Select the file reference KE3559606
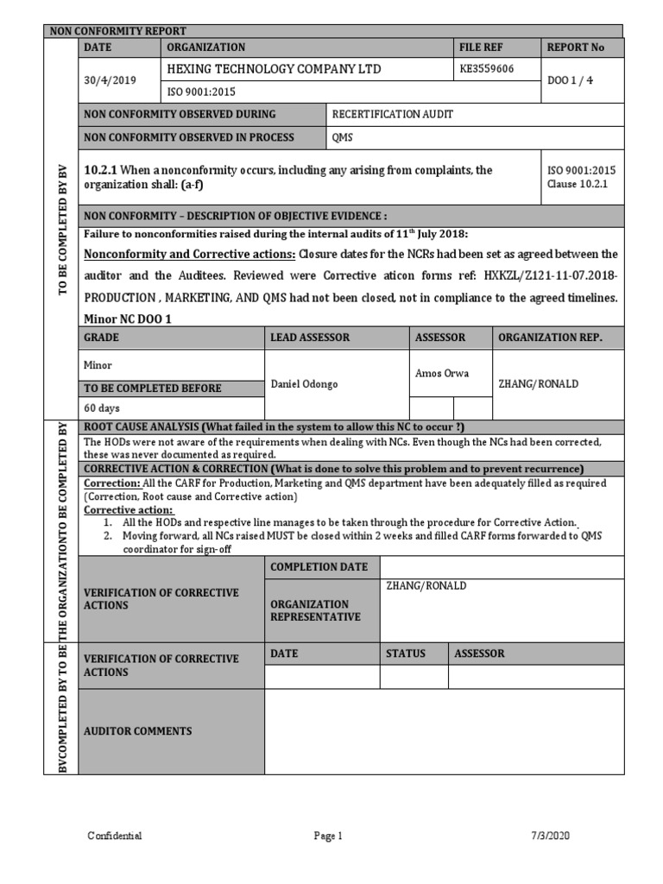pos(488,69)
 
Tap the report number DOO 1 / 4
pos(569,80)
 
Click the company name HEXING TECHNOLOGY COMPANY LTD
pos(274,69)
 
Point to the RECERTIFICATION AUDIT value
pos(392,114)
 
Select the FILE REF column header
pos(482,47)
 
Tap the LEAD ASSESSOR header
pos(310,338)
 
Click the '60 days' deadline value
pos(102,407)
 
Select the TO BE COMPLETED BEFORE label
pos(152,388)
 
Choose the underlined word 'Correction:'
pos(111,483)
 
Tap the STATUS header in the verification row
pos(406,654)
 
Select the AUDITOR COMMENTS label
pos(138,731)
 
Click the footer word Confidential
pos(115,836)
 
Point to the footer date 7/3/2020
pos(550,836)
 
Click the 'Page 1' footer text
pos(328,836)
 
